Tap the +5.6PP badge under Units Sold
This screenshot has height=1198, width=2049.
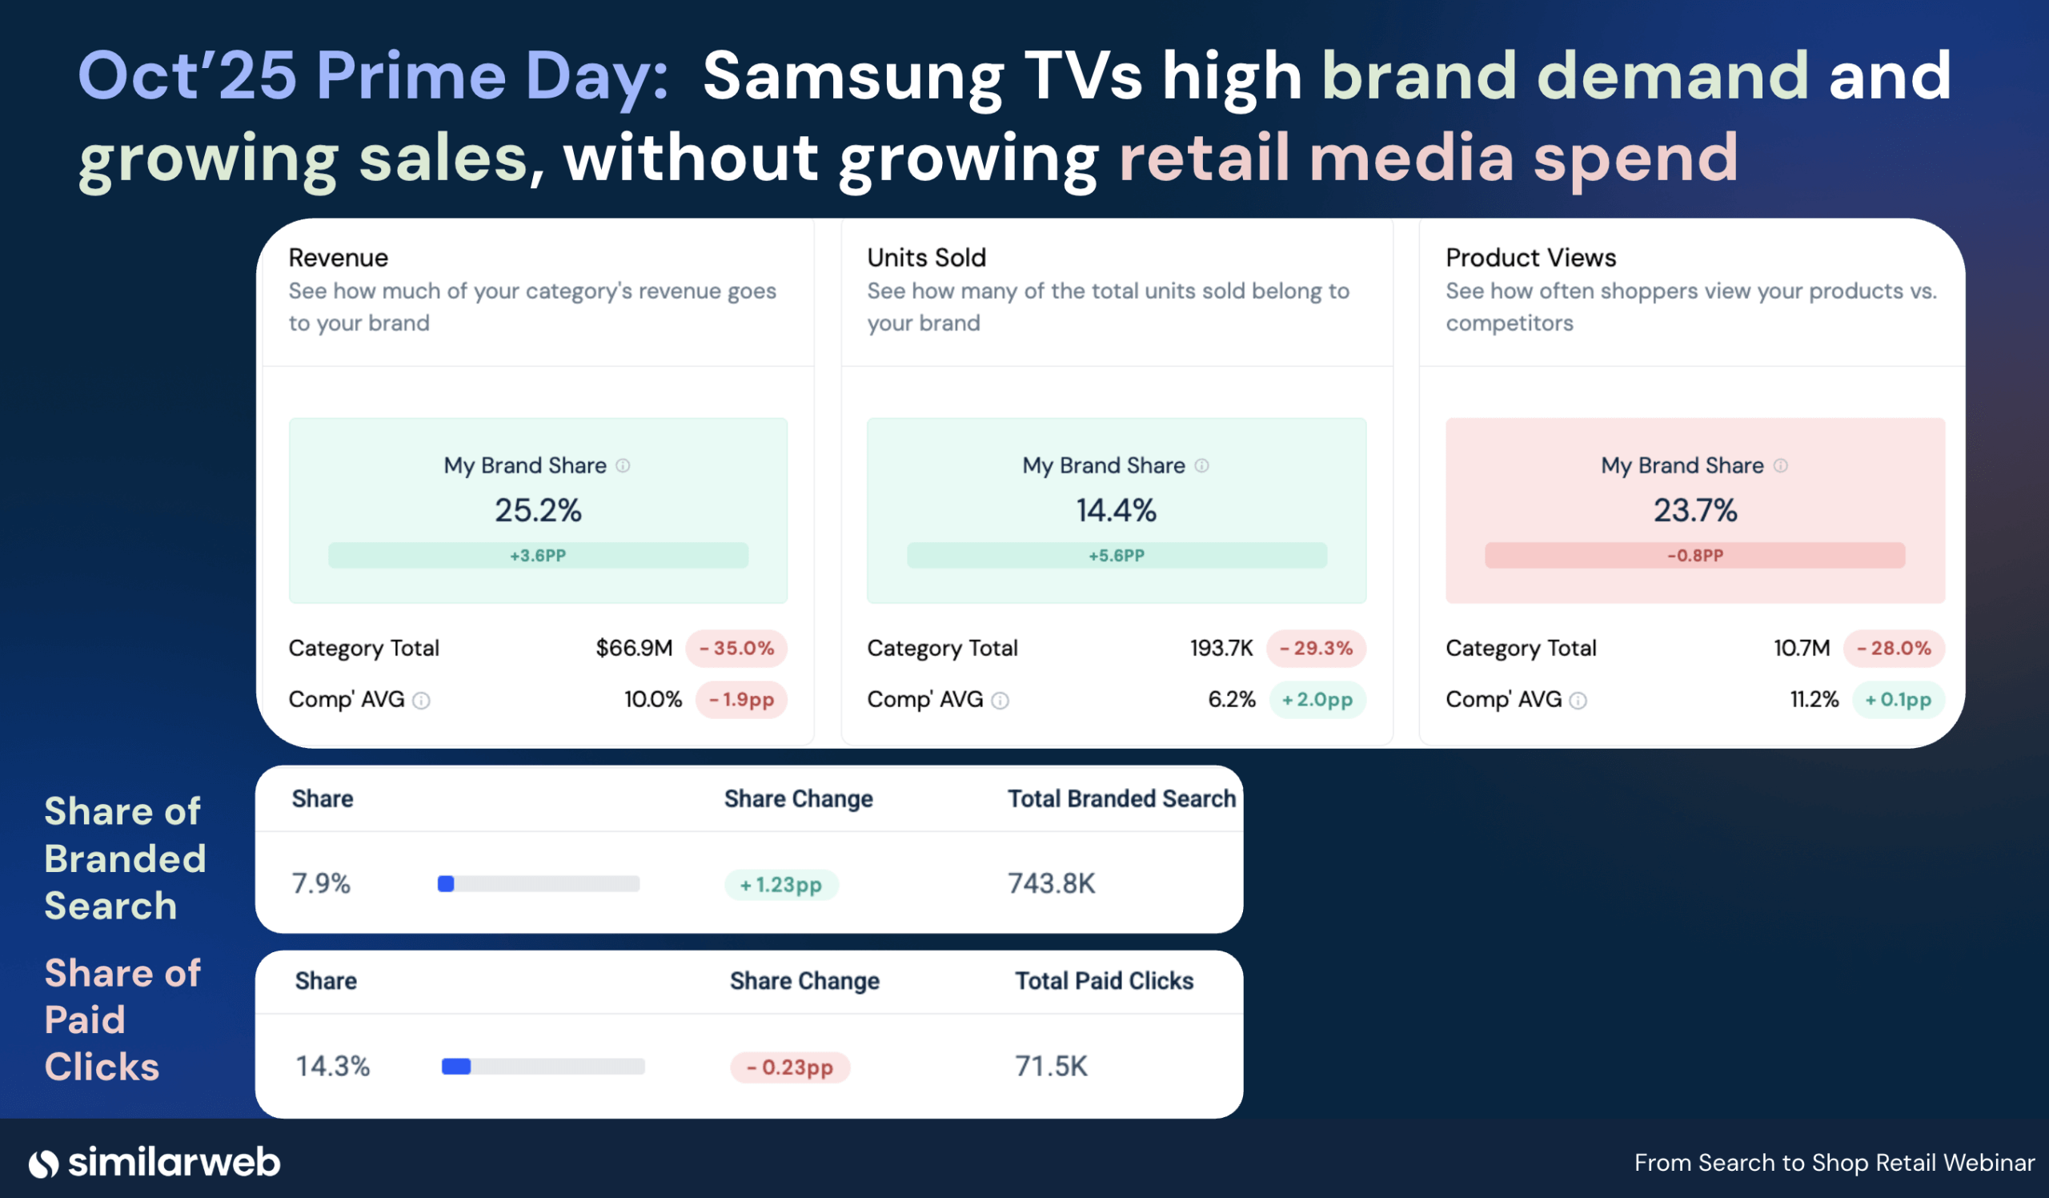(x=1117, y=556)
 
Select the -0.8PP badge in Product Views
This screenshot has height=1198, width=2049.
(x=1694, y=556)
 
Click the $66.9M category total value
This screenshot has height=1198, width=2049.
(x=633, y=648)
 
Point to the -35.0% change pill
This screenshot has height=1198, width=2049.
(x=736, y=648)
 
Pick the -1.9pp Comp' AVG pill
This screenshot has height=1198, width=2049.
(x=740, y=699)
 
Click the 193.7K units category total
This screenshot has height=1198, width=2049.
(x=1221, y=648)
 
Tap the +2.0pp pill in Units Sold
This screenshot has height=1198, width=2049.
(x=1317, y=699)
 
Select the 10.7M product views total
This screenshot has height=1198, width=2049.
(x=1801, y=648)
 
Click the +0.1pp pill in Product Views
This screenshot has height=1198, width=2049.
(x=1897, y=699)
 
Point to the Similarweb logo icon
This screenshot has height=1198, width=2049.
(x=44, y=1164)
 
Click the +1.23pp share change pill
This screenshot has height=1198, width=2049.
(x=780, y=884)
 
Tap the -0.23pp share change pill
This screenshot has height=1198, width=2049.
(x=789, y=1067)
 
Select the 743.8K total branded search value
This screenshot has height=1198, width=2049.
(x=1052, y=883)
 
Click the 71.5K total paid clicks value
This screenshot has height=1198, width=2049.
(x=1051, y=1065)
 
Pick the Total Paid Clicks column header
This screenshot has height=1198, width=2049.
(x=1104, y=981)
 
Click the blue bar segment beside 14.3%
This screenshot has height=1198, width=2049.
(x=456, y=1066)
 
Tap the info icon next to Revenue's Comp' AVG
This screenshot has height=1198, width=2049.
(x=421, y=700)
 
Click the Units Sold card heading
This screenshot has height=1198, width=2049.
(x=926, y=258)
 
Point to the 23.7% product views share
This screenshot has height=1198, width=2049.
(x=1694, y=511)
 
